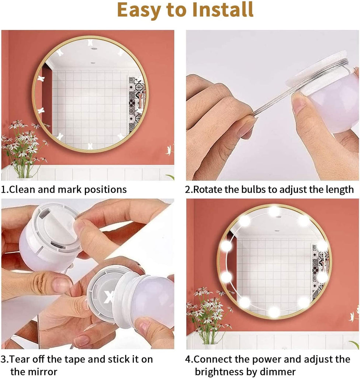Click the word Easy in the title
click(139, 10)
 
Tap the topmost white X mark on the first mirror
click(90, 42)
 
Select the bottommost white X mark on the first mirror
click(90, 146)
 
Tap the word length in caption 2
click(340, 190)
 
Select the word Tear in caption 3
click(18, 359)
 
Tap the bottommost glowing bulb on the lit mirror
click(274, 311)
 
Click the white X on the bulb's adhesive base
click(109, 297)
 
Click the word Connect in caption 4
click(212, 359)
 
